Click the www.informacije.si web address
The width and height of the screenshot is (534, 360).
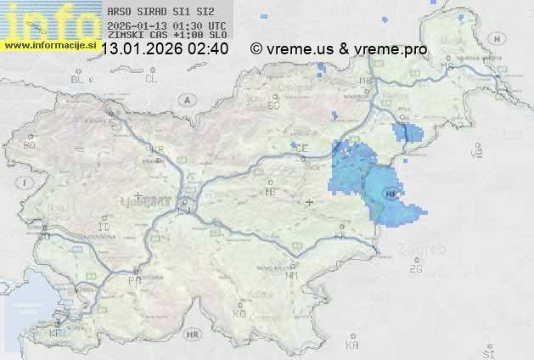tap(48, 44)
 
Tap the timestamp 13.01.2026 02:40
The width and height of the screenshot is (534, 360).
tap(164, 49)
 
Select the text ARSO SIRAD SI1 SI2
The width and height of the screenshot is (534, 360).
tap(156, 13)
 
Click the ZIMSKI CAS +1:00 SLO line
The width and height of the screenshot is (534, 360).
tap(166, 36)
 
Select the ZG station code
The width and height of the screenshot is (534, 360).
tap(415, 269)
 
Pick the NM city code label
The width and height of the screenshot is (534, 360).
tap(293, 275)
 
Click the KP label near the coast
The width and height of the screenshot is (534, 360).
tap(57, 334)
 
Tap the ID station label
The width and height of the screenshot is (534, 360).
tap(104, 228)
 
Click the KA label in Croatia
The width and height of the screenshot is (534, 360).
tap(352, 345)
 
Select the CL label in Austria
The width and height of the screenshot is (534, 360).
tap(151, 79)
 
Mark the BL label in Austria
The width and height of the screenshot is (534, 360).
tap(77, 79)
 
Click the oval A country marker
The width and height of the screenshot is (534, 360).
tap(186, 98)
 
